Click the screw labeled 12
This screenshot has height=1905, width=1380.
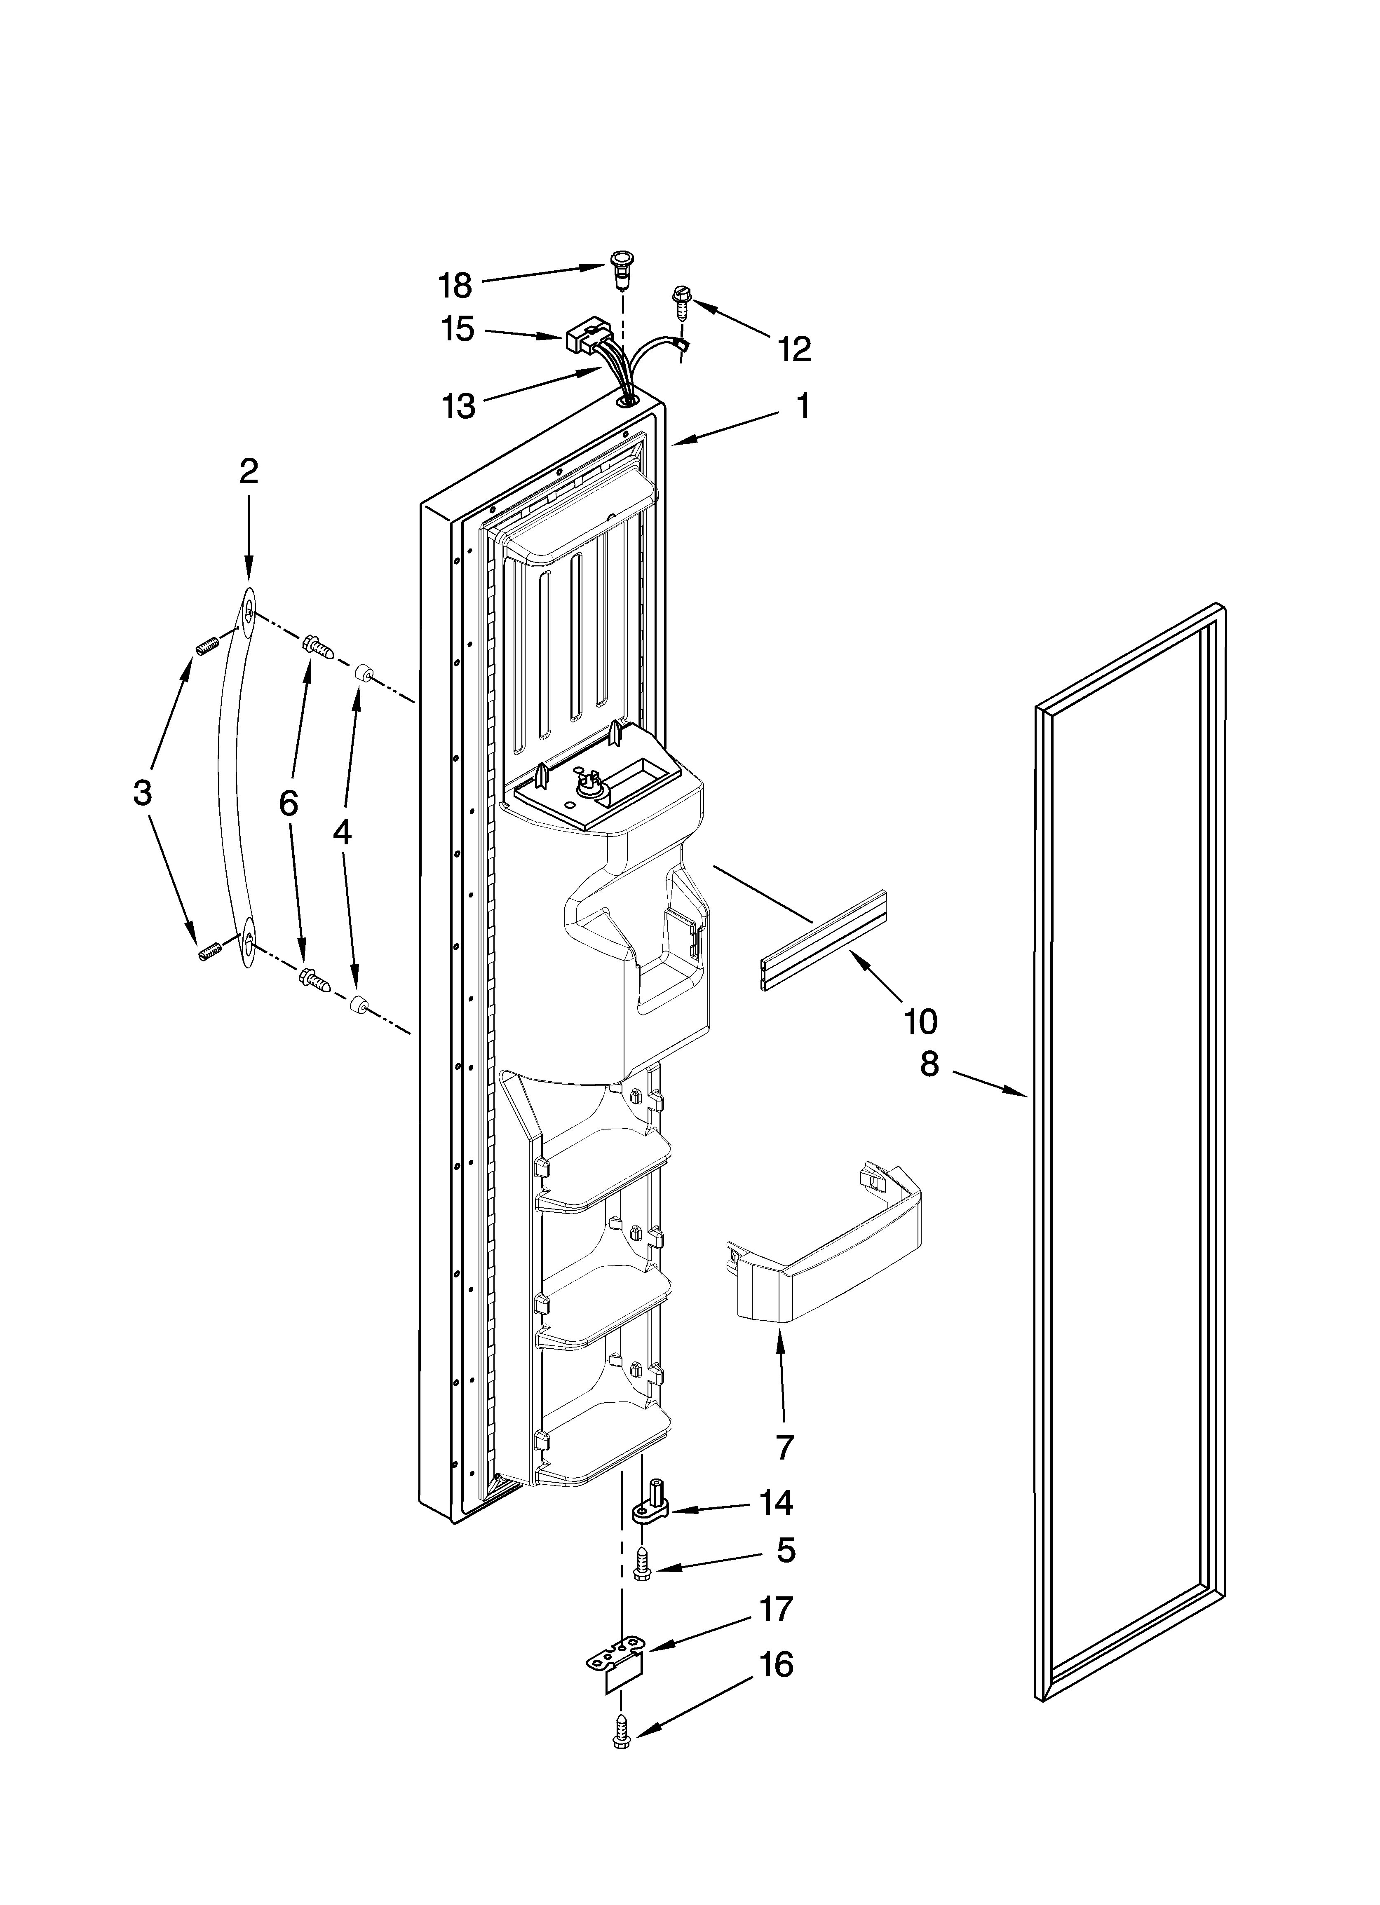[680, 301]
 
